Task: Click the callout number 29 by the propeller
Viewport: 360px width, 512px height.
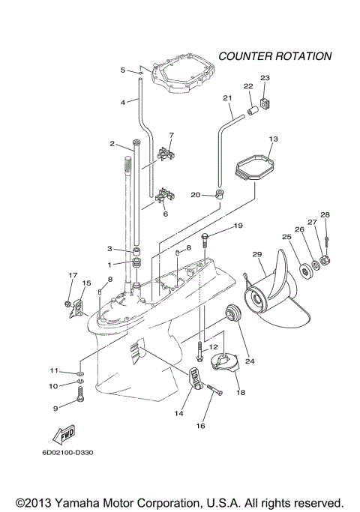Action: point(257,255)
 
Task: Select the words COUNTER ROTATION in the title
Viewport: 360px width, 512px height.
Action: point(274,56)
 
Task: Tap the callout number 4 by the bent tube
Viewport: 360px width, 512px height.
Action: point(123,102)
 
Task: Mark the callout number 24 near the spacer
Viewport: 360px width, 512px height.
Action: point(250,361)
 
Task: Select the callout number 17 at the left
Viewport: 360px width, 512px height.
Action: point(73,275)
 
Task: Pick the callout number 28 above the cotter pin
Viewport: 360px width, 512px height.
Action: point(325,214)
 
